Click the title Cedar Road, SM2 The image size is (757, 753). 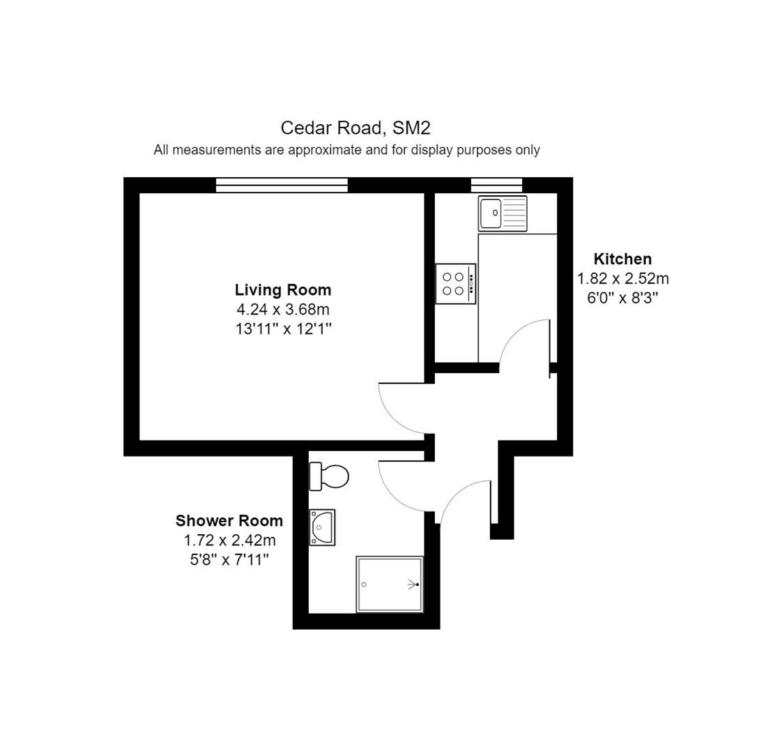click(355, 128)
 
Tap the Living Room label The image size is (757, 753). click(283, 290)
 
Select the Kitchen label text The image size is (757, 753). click(622, 259)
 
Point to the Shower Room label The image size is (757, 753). click(229, 521)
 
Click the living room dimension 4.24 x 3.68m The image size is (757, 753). click(283, 309)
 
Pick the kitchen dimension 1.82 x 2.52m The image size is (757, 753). click(622, 279)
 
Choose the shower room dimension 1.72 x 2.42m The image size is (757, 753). click(229, 540)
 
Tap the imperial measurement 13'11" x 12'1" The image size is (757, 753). click(284, 329)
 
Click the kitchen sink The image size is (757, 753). click(503, 213)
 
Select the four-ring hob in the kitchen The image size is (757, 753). click(456, 284)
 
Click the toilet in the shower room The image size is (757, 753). click(329, 476)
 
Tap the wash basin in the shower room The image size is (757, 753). click(322, 527)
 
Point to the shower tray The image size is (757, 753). click(390, 584)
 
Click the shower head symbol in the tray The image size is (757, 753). click(413, 584)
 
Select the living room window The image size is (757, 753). click(282, 185)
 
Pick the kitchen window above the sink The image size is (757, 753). click(496, 185)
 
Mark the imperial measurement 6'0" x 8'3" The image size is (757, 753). click(622, 298)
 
